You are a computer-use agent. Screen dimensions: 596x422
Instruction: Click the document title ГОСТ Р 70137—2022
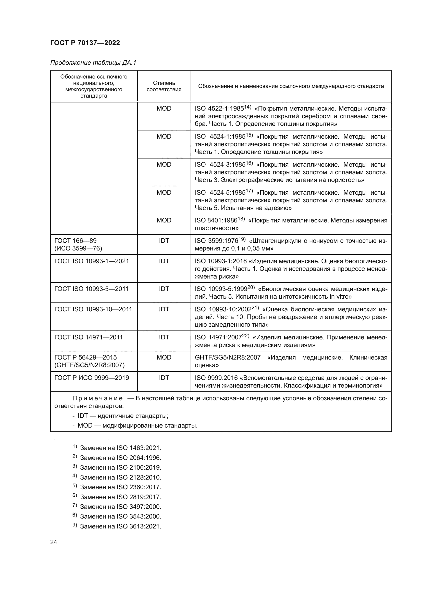(85, 43)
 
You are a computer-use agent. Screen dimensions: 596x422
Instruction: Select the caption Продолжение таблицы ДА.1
(93, 63)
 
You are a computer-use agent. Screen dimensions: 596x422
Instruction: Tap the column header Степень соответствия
(164, 86)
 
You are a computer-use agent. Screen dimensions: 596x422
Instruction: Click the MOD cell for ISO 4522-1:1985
(164, 109)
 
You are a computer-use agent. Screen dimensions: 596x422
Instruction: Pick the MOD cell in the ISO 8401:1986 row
(164, 220)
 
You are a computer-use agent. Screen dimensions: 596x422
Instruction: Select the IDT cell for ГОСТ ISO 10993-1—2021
(164, 261)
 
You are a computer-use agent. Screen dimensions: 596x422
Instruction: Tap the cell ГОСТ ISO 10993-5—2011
(92, 289)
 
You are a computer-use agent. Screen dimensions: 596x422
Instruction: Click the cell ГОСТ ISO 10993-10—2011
(93, 309)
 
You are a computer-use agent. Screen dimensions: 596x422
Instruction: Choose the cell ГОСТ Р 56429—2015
(85, 357)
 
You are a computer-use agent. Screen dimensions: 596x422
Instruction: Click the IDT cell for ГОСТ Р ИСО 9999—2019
(164, 378)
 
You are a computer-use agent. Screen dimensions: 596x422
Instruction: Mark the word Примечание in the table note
(97, 399)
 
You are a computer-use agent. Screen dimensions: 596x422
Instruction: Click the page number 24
(54, 542)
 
